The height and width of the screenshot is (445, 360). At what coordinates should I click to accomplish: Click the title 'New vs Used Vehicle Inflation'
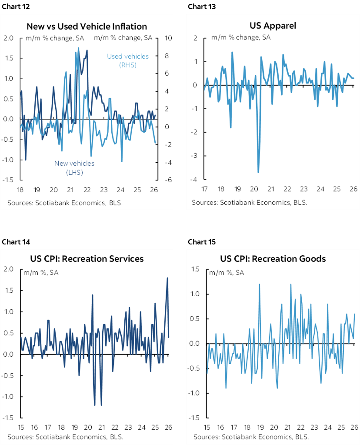(87, 27)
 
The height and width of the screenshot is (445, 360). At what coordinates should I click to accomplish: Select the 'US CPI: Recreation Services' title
(87, 259)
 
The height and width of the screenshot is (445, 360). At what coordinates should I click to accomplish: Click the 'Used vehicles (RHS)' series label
(127, 60)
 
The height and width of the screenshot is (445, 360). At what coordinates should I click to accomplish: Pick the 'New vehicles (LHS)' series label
(74, 168)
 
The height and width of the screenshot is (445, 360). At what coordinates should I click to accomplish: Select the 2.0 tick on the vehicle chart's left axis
(8, 38)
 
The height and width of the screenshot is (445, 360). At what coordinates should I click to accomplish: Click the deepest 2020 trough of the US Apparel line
(258, 172)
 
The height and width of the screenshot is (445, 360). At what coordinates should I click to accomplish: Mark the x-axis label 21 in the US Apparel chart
(270, 190)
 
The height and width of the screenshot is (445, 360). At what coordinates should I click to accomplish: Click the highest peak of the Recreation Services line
(167, 278)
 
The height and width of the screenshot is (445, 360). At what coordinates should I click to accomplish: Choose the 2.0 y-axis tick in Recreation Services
(8, 269)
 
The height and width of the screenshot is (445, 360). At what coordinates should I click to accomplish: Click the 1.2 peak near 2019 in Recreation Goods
(260, 284)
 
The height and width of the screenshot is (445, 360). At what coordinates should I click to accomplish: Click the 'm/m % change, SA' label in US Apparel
(241, 37)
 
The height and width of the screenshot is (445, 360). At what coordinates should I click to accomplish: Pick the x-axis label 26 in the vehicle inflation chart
(155, 190)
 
